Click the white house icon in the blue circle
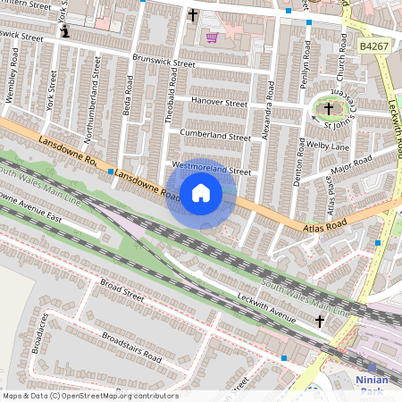pos(201,193)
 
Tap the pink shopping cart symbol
pos(213,38)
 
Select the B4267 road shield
pos(375,45)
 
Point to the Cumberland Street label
pos(215,137)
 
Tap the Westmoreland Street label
pos(212,168)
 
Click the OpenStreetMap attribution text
pos(89,396)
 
